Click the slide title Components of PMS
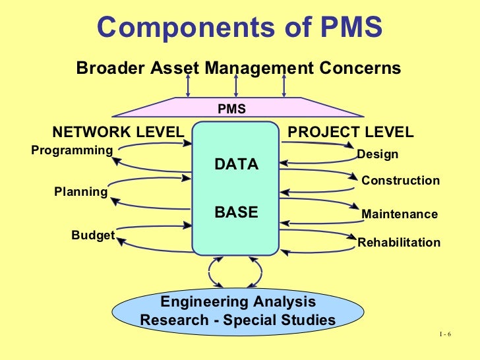pos(239,28)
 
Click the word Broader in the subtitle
pos(106,68)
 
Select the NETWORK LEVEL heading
pos(117,132)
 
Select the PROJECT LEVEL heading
pos(351,132)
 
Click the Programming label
pos(72,150)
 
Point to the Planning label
pos(80,192)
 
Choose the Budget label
pos(93,235)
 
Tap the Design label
pos(377,155)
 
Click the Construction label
pos(401,181)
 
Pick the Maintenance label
pos(399,214)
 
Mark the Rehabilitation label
pos(399,243)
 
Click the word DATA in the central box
pos(237,165)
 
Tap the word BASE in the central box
pos(237,213)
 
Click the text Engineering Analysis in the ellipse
pos(238,303)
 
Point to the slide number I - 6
pos(444,335)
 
